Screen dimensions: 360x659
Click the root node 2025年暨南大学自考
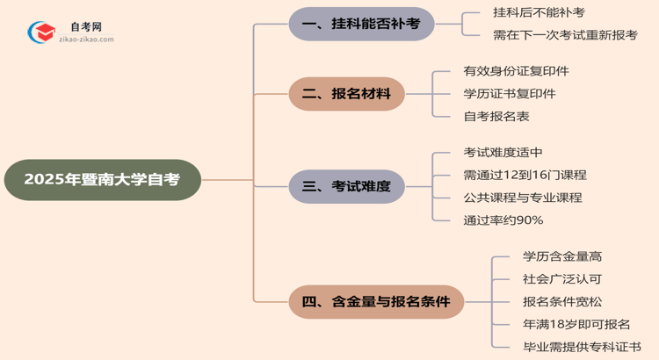tap(102, 180)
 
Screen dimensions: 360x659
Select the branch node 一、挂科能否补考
tap(361, 24)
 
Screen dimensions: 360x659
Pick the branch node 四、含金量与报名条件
tap(376, 302)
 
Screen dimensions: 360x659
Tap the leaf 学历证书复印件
tap(509, 94)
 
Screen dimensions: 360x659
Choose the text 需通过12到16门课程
tap(525, 175)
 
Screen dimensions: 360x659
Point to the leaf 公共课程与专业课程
tap(522, 198)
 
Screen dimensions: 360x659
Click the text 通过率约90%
tap(503, 220)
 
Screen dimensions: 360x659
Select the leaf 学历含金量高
tap(561, 256)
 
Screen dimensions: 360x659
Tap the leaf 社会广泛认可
tap(561, 279)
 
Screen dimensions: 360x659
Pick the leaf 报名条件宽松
tap(561, 302)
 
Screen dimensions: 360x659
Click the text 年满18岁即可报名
tap(576, 325)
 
